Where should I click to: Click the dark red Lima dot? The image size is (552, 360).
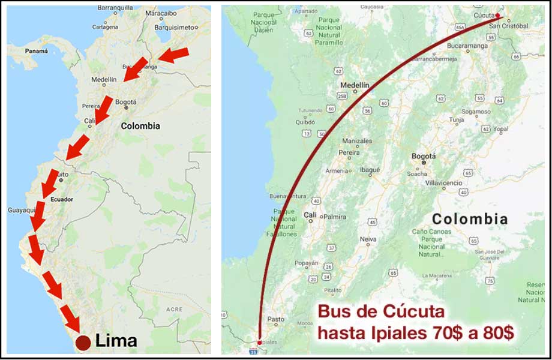pyautogui.click(x=83, y=343)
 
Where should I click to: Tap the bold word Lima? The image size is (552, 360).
pyautogui.click(x=116, y=341)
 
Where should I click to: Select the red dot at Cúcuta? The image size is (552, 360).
pyautogui.click(x=497, y=16)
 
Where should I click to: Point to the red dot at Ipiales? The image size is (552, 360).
pyautogui.click(x=259, y=342)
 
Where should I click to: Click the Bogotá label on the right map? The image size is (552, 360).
pyautogui.click(x=424, y=156)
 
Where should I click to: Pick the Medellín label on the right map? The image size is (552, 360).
pyautogui.click(x=355, y=85)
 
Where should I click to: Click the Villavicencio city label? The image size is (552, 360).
pyautogui.click(x=443, y=182)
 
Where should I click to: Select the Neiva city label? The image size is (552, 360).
pyautogui.click(x=368, y=239)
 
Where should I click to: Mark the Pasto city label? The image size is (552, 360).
pyautogui.click(x=276, y=319)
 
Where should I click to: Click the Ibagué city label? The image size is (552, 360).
pyautogui.click(x=370, y=170)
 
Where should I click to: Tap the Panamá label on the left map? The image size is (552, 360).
pyautogui.click(x=35, y=52)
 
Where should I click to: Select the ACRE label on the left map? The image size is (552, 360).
pyautogui.click(x=174, y=309)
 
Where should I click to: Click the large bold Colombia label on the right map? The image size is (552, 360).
pyautogui.click(x=470, y=219)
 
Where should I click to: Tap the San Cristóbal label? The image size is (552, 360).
pyautogui.click(x=508, y=26)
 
